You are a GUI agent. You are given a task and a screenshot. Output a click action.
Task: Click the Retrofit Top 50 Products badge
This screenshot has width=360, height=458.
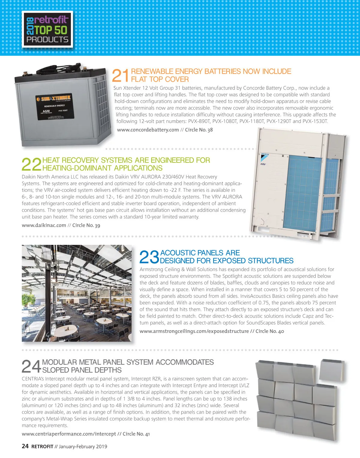(x=47, y=29)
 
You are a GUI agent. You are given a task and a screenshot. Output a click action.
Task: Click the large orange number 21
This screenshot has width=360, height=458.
(x=120, y=76)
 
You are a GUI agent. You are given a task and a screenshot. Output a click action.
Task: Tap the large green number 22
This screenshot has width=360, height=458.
(x=31, y=164)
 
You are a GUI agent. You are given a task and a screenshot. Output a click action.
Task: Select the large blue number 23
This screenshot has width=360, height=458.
(x=149, y=257)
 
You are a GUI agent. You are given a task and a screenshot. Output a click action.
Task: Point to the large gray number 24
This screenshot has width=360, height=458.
(x=31, y=366)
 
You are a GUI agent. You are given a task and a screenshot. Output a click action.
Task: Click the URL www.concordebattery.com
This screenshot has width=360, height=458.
(x=148, y=130)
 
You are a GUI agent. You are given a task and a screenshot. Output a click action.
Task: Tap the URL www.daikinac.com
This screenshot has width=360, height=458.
(x=44, y=225)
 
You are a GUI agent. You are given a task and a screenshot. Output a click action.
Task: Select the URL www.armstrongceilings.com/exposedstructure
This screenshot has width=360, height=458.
(x=194, y=331)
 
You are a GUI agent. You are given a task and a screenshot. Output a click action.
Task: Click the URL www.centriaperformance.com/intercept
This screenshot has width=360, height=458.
(x=69, y=434)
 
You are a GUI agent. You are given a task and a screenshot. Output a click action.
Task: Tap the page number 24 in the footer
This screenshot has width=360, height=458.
(x=25, y=446)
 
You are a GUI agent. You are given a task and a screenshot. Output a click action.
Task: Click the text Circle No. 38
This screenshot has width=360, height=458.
(x=199, y=130)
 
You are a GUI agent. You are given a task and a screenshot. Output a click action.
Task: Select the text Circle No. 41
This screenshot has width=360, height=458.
(x=136, y=434)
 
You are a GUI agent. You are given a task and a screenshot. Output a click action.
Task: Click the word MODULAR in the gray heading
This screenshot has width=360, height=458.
(x=60, y=362)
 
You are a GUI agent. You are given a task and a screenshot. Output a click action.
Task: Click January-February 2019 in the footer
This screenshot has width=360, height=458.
(x=83, y=447)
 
